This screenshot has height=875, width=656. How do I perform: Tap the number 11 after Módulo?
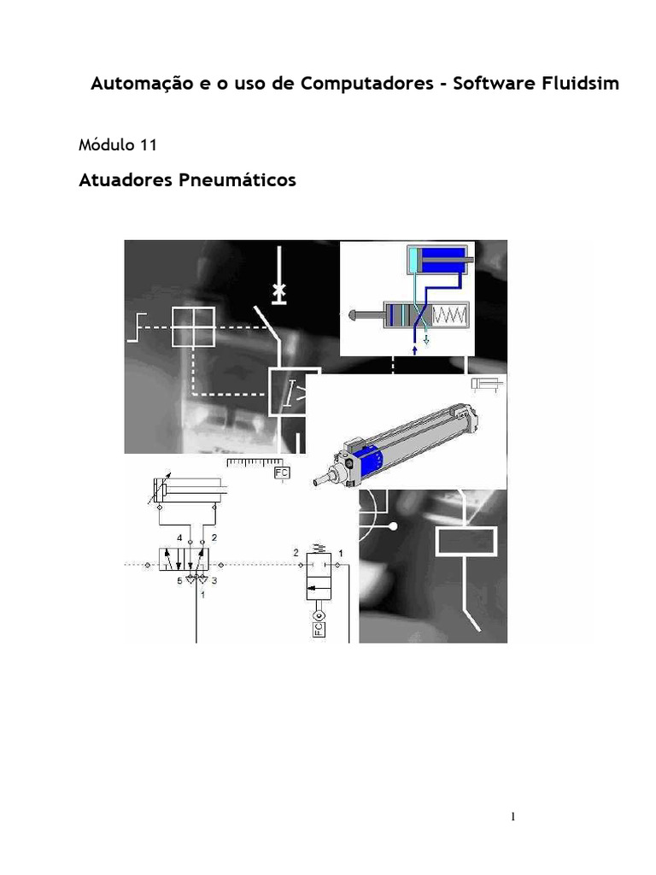coord(147,145)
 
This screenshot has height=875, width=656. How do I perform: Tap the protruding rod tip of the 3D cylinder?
coord(319,482)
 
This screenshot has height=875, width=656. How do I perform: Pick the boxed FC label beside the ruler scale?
coord(280,472)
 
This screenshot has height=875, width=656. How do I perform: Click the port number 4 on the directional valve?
coord(179,537)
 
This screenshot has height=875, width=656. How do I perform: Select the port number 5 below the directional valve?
coord(179,580)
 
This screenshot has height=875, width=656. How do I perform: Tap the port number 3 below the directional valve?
coord(214,580)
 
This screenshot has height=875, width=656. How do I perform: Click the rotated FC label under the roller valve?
coord(318,629)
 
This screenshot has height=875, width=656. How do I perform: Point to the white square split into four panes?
coord(193,326)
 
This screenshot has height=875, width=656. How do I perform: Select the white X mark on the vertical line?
coord(278,292)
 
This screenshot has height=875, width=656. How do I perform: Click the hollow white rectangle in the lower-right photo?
coord(466,540)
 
